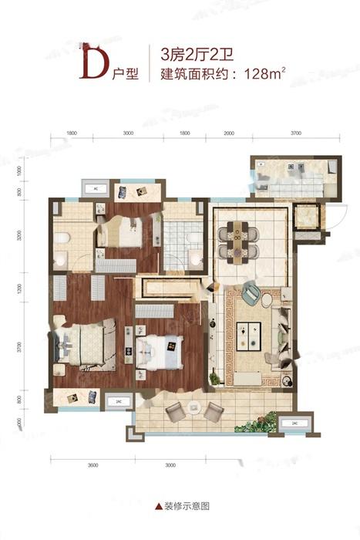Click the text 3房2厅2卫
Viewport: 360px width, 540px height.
188,55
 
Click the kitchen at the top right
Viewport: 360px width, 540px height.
298,178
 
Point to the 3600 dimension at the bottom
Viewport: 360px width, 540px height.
94,466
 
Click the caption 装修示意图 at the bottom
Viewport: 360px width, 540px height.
182,509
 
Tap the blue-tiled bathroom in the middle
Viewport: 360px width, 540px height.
180,231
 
